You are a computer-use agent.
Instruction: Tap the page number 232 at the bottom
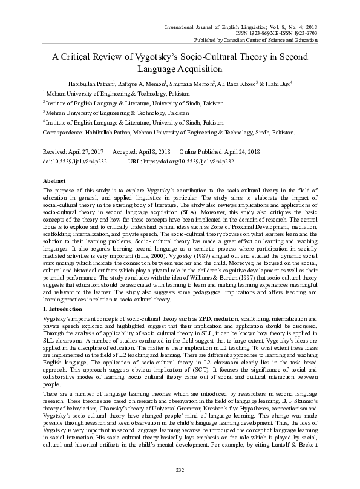point(180,470)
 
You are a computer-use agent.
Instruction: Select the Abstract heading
point(54,181)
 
